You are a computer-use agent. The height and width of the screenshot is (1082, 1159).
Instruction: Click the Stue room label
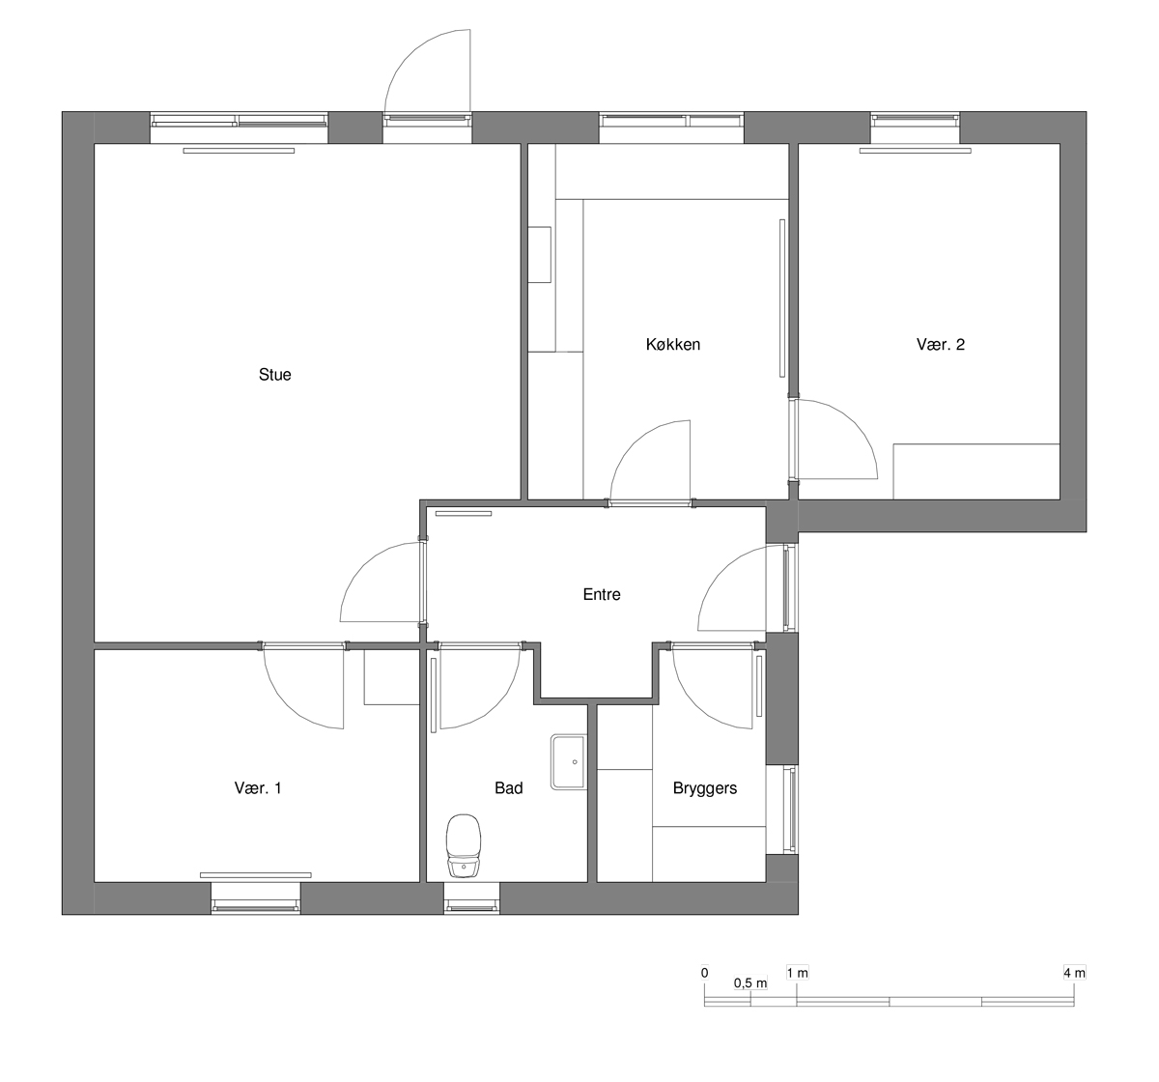(275, 374)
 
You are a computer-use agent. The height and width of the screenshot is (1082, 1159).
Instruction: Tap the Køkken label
(673, 344)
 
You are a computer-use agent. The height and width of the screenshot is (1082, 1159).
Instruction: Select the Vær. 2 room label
(941, 344)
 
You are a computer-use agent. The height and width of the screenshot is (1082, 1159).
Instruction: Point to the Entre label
(602, 594)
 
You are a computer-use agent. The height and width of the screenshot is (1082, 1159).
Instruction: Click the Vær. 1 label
(258, 788)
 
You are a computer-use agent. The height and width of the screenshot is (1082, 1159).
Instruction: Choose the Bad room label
(508, 788)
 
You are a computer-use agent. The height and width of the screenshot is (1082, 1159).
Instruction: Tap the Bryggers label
(705, 788)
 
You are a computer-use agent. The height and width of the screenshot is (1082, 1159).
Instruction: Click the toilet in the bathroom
(464, 845)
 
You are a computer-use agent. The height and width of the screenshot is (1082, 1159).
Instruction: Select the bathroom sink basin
(568, 762)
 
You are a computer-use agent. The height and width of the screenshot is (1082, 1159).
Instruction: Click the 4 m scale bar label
(1074, 973)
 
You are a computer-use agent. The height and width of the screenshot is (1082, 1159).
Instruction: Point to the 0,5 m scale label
(750, 983)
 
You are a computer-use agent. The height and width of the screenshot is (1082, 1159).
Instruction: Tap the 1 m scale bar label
(798, 973)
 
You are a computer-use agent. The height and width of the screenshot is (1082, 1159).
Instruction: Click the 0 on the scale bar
(705, 973)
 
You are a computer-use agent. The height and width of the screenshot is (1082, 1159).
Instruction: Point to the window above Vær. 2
(915, 128)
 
